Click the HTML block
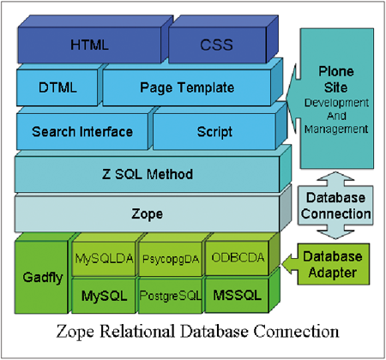[x=89, y=45]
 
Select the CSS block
[x=217, y=45]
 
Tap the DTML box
[x=57, y=87]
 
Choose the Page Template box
[x=187, y=87]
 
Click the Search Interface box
[x=82, y=132]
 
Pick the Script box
[x=214, y=132]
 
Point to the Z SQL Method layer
[x=148, y=174]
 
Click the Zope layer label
[x=148, y=213]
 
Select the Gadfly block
[x=41, y=277]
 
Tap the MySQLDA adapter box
[x=104, y=259]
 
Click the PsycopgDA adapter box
[x=171, y=259]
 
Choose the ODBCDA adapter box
[x=238, y=258]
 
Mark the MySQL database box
[x=104, y=296]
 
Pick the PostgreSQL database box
[x=171, y=296]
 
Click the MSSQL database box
[x=238, y=295]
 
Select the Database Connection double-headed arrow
[x=335, y=206]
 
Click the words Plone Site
[x=336, y=79]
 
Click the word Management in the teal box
[x=336, y=129]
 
